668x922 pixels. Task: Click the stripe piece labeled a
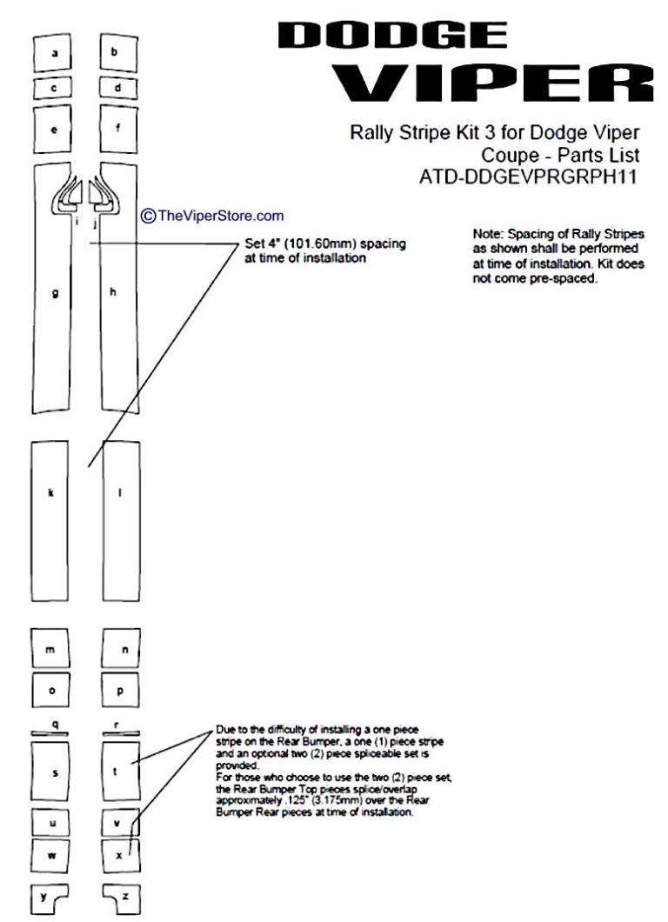click(53, 54)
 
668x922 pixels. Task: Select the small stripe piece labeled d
click(118, 88)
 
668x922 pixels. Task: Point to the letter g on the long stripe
click(55, 293)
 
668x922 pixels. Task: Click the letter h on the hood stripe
click(112, 292)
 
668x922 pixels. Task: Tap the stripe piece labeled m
click(50, 649)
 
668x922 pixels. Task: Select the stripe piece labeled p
click(120, 691)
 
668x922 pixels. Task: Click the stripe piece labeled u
click(52, 822)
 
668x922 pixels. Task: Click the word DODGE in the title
click(392, 35)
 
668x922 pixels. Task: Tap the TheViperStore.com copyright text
click(220, 216)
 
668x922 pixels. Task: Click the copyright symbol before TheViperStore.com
click(148, 216)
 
